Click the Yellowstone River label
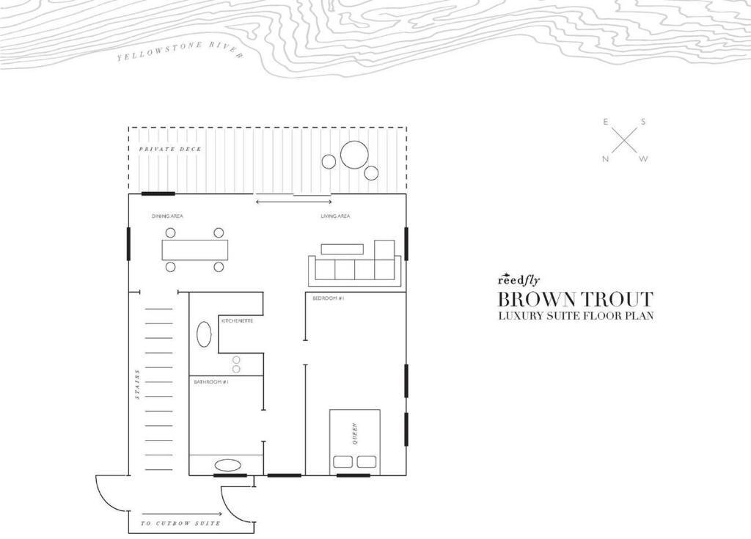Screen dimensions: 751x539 (180, 51)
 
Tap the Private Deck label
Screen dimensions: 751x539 (170, 149)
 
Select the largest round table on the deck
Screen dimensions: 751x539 (354, 155)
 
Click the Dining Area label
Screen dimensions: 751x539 (167, 216)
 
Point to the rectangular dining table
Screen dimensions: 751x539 (195, 249)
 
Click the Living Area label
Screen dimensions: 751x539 (335, 216)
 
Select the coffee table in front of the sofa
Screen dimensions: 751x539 (342, 249)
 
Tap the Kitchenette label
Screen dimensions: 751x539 (237, 320)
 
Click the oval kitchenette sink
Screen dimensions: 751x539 (204, 334)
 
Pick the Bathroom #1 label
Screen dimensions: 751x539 (211, 382)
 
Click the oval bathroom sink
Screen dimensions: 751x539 (225, 465)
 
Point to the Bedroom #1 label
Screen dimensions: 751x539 (329, 298)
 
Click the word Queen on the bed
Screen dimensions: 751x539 (355, 433)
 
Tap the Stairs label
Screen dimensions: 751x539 (137, 384)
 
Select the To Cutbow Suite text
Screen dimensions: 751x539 (181, 523)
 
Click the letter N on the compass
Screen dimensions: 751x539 (605, 159)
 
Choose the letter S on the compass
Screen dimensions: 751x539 (642, 122)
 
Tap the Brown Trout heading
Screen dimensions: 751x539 (576, 299)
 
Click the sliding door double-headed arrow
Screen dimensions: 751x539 (293, 202)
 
